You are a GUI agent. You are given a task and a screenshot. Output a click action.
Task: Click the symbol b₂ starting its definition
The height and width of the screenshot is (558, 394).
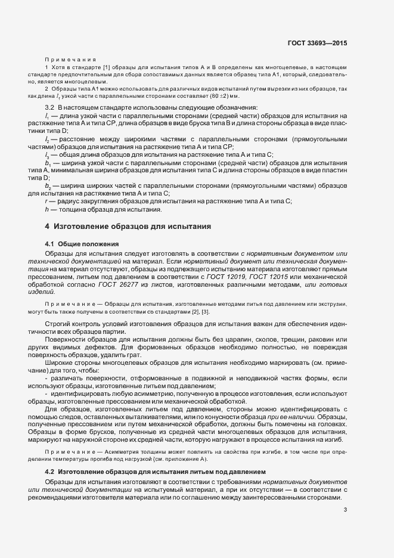pyautogui.click(x=47, y=186)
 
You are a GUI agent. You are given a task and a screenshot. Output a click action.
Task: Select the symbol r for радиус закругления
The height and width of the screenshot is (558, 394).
pyautogui.click(x=46, y=201)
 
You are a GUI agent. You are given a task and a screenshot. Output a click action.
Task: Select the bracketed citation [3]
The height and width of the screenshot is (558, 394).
pyautogui.click(x=206, y=312)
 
